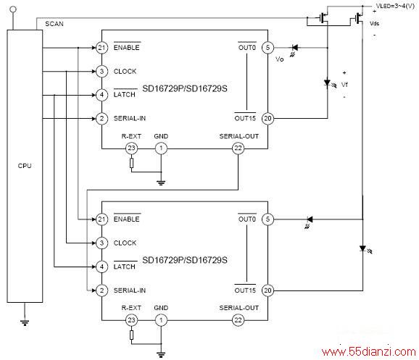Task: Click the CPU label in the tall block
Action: click(25, 166)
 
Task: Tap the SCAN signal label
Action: click(54, 24)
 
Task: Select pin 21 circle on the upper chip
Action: click(101, 48)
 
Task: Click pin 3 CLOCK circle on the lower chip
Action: click(101, 243)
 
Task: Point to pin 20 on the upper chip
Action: click(267, 118)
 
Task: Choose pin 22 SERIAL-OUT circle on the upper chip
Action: click(238, 148)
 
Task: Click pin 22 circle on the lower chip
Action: click(238, 320)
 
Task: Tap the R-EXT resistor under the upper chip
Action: click(131, 163)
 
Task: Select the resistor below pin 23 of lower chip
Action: click(131, 335)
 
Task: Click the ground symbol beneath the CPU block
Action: click(25, 323)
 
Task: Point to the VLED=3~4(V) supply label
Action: click(395, 6)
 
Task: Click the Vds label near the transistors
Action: click(374, 23)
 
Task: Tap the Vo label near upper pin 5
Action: click(280, 59)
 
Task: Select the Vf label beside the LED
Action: click(344, 85)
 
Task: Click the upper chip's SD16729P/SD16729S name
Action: click(185, 88)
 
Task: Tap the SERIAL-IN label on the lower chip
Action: click(130, 290)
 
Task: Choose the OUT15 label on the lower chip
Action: click(245, 290)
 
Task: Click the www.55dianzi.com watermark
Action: click(369, 352)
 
